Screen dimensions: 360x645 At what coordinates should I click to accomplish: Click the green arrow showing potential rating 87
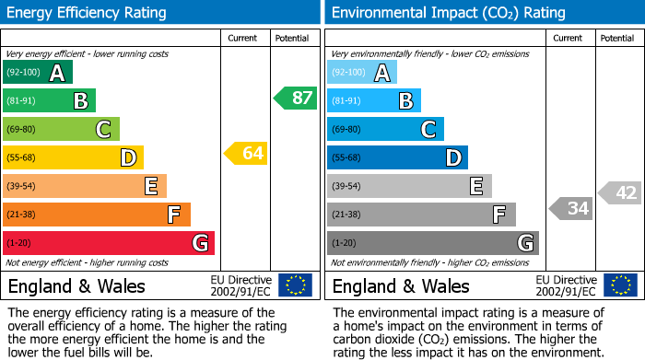coord(295,98)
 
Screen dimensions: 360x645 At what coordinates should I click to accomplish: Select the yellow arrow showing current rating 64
coord(246,153)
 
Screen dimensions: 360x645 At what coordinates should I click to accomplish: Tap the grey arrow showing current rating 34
coord(570,208)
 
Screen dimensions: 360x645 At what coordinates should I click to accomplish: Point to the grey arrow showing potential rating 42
coord(620,192)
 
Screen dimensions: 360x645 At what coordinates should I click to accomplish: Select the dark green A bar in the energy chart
coord(38,73)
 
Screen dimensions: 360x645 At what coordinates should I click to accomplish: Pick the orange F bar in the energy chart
coord(97,215)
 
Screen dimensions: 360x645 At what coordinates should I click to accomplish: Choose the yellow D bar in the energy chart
coord(73,157)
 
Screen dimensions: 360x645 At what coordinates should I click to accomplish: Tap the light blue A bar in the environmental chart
coord(362,73)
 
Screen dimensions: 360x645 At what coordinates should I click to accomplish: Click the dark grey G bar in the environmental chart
coord(432,243)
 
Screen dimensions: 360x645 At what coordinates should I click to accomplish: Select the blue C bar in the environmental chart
coord(385,129)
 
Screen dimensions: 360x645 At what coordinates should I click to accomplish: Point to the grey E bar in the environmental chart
coord(409,186)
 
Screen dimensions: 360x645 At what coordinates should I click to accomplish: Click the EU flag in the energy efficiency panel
coord(295,285)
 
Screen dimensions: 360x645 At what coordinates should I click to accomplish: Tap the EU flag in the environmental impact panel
coord(621,285)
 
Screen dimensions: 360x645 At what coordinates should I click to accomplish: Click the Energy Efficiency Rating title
coord(88,13)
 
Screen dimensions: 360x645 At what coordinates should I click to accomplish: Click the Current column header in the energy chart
coord(243,38)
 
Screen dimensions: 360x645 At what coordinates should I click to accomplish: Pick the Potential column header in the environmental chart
coord(617,38)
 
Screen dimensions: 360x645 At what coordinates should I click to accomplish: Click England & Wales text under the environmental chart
coord(400,285)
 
